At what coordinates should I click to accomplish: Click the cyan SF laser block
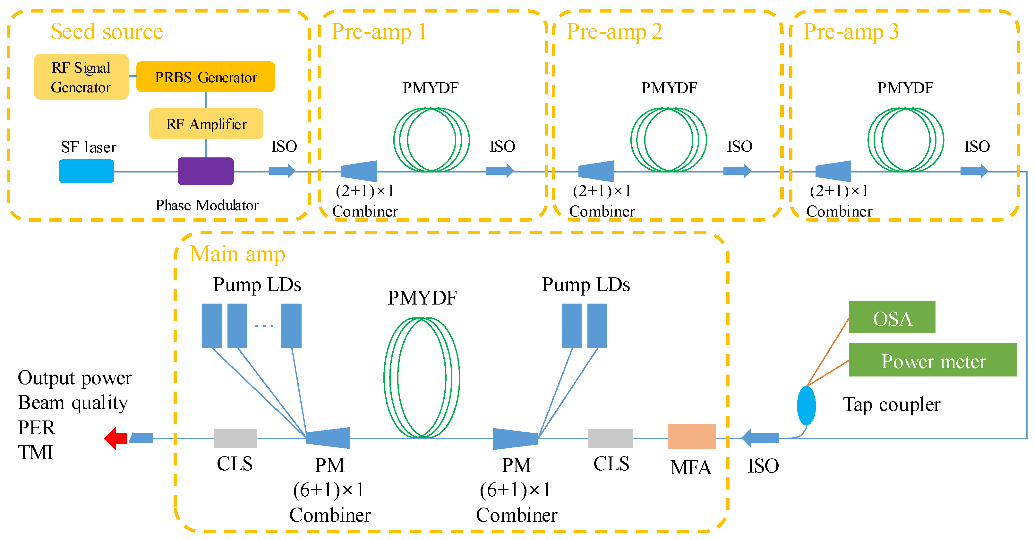86,171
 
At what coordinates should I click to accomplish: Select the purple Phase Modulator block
206,171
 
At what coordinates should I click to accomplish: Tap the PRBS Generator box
206,77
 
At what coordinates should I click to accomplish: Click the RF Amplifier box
206,124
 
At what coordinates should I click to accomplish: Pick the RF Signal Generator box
81,77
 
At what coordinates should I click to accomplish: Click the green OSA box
892,317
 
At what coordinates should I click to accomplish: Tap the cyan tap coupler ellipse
806,405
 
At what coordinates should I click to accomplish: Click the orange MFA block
691,436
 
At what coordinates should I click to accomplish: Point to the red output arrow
116,438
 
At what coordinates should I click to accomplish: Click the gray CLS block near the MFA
610,438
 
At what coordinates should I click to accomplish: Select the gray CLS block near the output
235,438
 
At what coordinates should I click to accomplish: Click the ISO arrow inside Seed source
282,170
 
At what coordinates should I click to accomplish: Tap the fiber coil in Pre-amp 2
668,139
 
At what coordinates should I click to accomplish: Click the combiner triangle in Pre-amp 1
360,171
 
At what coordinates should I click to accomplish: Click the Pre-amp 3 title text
850,31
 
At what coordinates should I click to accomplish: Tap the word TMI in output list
35,452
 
